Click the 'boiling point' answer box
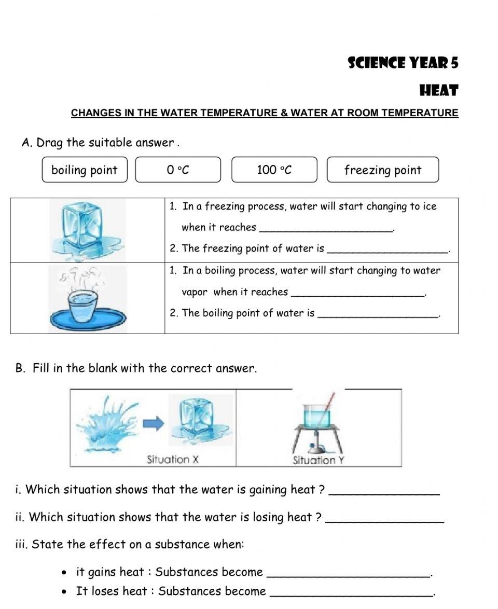point(85,170)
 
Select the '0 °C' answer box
point(178,170)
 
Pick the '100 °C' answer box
point(274,170)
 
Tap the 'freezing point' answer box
point(383,170)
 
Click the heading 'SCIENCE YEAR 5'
point(403,63)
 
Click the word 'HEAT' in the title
point(438,91)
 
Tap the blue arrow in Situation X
point(153,424)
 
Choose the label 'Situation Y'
point(319,460)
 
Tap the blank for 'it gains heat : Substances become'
point(348,573)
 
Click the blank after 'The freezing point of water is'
point(389,250)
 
